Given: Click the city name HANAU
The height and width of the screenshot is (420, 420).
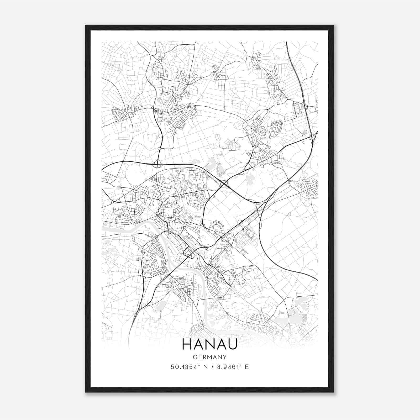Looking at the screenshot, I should tap(209, 344).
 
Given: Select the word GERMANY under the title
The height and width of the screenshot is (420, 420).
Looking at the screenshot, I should tap(209, 357).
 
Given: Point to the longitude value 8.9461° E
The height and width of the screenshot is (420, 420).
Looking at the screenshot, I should tap(232, 367).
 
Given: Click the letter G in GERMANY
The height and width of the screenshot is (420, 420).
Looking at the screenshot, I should tap(195, 357).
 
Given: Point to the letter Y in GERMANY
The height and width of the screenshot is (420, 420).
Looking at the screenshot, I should tap(225, 357).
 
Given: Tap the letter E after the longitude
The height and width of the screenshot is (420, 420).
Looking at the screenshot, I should tap(247, 367).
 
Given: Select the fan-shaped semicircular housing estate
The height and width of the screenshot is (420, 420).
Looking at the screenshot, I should tap(217, 227).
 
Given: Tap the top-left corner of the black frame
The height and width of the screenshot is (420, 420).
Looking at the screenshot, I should tap(86, 25).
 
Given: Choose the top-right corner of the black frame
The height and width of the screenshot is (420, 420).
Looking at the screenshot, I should tap(333, 25).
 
